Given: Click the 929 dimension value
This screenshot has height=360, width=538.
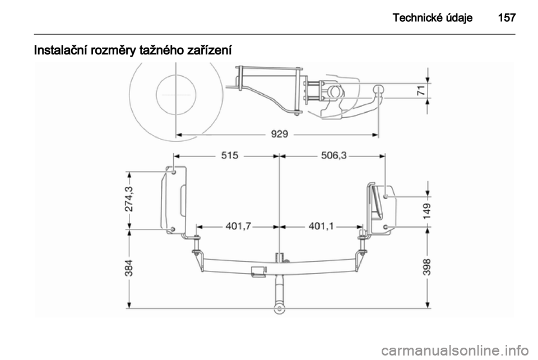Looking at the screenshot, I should pyautogui.click(x=279, y=135).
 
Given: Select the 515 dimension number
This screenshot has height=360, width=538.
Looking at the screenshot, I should pyautogui.click(x=229, y=156).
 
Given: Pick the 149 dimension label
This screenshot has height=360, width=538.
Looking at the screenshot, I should pyautogui.click(x=428, y=211).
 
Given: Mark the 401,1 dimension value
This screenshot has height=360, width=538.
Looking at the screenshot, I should pyautogui.click(x=321, y=227).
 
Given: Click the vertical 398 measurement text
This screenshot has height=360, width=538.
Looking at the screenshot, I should pyautogui.click(x=428, y=271).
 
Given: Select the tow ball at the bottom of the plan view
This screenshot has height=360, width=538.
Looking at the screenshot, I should pyautogui.click(x=279, y=307).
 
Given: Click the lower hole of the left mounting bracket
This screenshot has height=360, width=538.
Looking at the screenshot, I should pyautogui.click(x=173, y=229).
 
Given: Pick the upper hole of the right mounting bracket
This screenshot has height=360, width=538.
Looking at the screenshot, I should pyautogui.click(x=386, y=196).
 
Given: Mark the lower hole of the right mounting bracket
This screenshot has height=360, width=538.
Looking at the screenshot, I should pyautogui.click(x=386, y=227).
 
